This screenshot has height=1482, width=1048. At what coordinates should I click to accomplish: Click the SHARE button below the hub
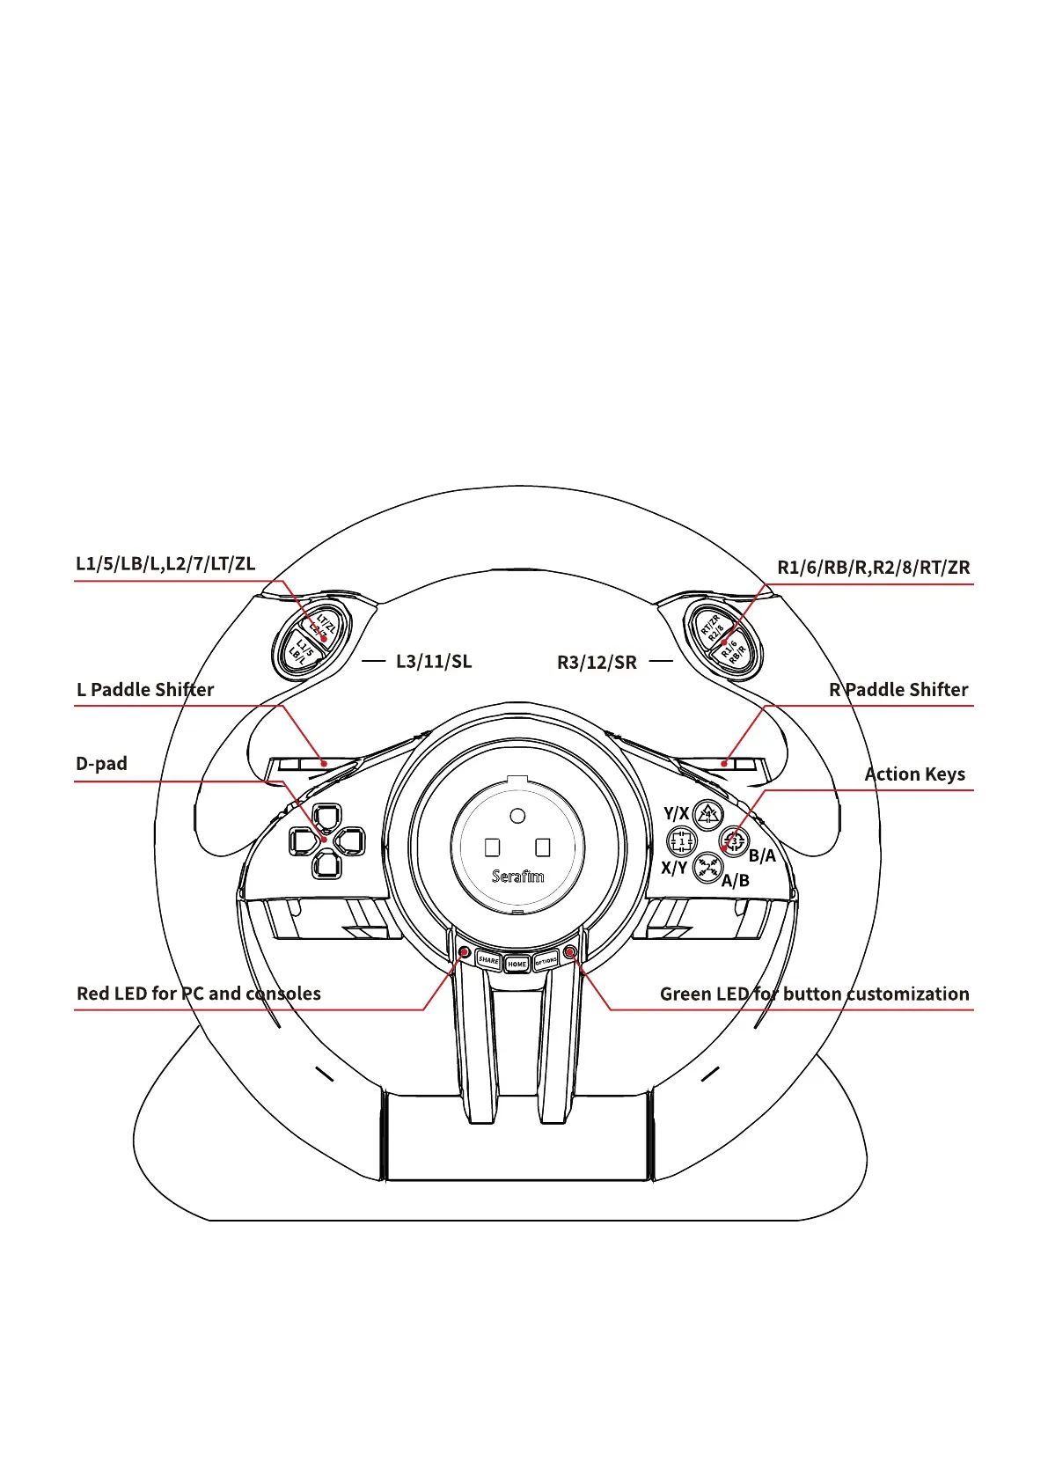[x=488, y=959]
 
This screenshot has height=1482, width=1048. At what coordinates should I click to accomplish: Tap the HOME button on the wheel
[x=517, y=964]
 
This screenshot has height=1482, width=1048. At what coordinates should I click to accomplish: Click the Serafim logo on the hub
[x=517, y=876]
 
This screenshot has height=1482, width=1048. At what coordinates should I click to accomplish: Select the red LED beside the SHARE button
[x=464, y=951]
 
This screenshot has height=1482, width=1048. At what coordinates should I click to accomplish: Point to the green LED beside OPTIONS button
[x=570, y=951]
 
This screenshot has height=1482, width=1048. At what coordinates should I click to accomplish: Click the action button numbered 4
[x=708, y=815]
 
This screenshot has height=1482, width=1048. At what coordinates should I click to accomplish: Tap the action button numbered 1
[x=681, y=841]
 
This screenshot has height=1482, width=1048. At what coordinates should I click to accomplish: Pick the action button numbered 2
[x=707, y=868]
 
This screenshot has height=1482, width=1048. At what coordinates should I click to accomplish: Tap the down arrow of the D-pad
[x=326, y=865]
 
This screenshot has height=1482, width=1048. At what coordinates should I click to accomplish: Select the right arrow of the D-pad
[x=350, y=841]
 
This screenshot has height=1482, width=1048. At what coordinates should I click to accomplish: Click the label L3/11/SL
[x=434, y=661]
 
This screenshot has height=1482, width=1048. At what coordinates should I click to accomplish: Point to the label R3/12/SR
[x=597, y=662]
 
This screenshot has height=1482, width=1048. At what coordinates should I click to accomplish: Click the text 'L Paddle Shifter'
[x=145, y=689]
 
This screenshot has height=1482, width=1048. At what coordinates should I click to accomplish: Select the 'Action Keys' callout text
[x=915, y=774]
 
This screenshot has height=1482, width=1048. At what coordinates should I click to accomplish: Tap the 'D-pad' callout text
[x=101, y=763]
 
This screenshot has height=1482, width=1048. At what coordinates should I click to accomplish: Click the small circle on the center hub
[x=517, y=816]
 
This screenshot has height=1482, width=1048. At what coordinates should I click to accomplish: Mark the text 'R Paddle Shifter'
[x=898, y=689]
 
